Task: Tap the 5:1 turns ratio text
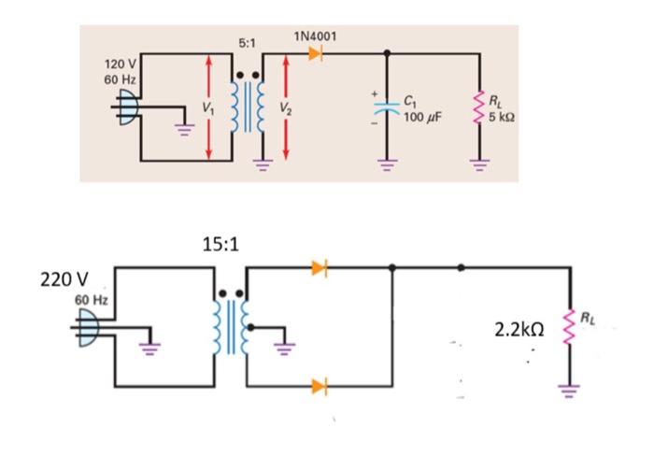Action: (248, 44)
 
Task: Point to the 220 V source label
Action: (64, 279)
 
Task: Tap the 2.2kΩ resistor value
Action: (519, 329)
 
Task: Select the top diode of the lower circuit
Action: (320, 269)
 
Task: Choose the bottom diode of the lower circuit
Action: (320, 385)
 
